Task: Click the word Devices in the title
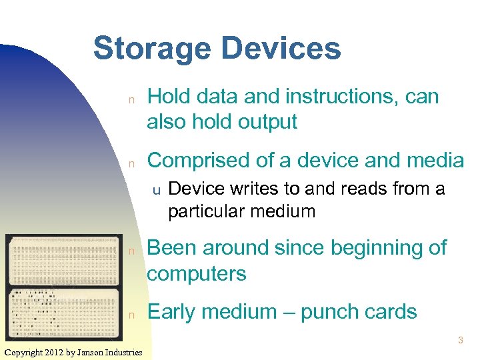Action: click(x=281, y=49)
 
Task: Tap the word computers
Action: click(x=197, y=273)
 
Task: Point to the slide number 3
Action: click(x=460, y=341)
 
